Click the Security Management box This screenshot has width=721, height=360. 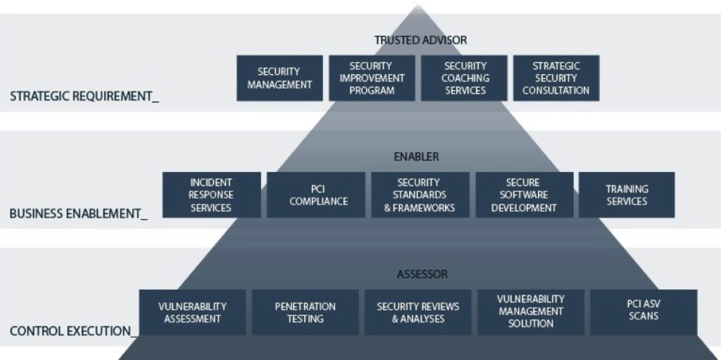coord(279,78)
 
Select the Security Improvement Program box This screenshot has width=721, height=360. coord(372,78)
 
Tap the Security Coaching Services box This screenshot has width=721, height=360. coord(465,78)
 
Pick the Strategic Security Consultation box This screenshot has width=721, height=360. coord(556,78)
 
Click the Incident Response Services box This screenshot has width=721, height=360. coord(211,195)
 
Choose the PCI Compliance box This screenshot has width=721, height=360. coord(318,195)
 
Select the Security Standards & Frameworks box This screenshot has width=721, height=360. coord(420,195)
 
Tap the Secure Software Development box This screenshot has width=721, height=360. coord(523,195)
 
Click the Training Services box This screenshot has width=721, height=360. coord(627,195)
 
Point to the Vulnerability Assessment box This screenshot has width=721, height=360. coord(192,312)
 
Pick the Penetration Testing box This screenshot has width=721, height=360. coord(305,312)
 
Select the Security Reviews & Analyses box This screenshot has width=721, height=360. coord(418,312)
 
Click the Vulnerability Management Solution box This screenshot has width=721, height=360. coord(530,312)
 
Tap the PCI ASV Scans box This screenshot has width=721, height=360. coord(644,312)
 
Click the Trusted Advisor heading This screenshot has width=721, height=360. coord(420,40)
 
